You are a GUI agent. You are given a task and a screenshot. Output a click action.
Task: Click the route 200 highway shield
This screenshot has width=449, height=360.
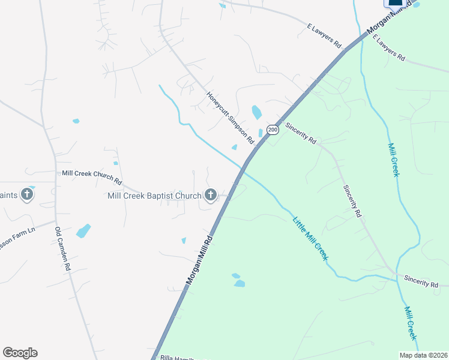point(273,130)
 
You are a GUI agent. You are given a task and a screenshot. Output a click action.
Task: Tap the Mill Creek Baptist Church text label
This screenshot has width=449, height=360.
point(154,195)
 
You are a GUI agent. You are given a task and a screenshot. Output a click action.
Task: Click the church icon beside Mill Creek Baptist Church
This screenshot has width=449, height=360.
point(210,194)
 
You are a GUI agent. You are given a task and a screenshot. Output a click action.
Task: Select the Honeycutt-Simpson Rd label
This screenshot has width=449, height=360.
point(231,118)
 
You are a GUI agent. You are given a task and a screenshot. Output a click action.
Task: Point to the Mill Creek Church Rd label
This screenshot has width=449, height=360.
point(92,177)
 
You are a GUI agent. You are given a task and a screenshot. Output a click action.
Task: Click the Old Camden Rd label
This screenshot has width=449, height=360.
point(62,248)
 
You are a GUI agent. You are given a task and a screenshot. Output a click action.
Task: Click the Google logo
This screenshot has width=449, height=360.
point(20,353)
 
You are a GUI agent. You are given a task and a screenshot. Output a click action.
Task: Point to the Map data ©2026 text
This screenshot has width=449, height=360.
point(423,355)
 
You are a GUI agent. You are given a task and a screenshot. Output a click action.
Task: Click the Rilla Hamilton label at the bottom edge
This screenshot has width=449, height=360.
point(180,358)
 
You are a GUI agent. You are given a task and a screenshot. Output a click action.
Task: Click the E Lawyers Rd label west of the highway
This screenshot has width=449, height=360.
point(324,37)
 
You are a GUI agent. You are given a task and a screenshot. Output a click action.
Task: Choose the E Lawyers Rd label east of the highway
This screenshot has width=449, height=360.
point(388,48)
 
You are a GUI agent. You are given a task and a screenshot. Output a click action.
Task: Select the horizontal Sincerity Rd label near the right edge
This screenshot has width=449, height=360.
point(421,280)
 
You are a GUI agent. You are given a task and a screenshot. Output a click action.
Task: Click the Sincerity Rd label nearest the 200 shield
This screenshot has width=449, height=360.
point(301,133)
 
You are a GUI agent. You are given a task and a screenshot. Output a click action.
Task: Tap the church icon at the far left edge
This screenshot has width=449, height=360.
point(26,194)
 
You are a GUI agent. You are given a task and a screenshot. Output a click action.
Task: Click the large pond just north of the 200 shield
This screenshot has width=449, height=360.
point(256,112)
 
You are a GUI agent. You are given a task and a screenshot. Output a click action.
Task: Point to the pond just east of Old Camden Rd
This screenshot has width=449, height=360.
point(83,231)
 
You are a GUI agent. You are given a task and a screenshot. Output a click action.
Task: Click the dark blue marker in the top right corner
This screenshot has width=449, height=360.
point(396,3)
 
